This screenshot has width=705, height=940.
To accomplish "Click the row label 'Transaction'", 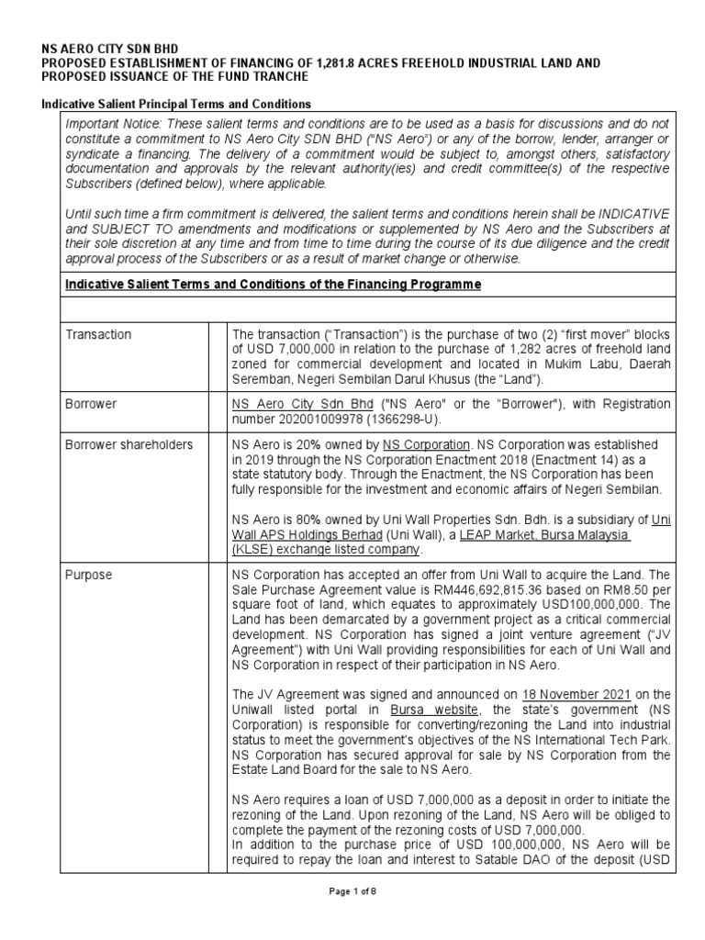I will coord(98,335).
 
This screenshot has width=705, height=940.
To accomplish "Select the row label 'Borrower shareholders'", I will coord(129,444).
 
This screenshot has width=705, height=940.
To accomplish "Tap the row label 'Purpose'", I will coord(89,575).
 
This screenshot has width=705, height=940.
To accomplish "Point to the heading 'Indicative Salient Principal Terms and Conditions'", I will coord(177,104).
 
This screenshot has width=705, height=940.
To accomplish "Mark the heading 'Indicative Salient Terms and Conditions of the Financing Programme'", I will coord(273,285).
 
